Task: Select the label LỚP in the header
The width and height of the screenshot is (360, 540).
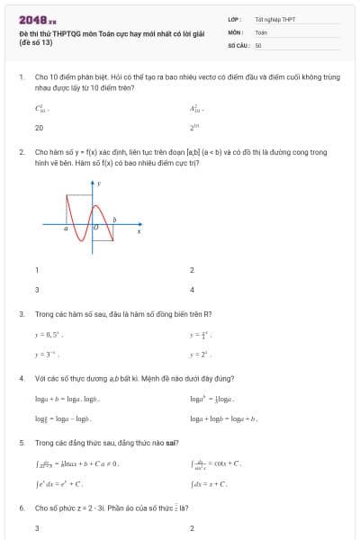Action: click(233, 19)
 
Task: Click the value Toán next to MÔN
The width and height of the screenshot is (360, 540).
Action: click(261, 31)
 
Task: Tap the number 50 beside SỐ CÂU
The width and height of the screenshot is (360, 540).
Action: click(258, 44)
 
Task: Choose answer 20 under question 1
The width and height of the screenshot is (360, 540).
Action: click(39, 128)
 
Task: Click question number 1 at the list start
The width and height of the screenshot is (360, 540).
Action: click(21, 77)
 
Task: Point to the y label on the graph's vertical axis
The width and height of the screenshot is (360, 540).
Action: click(99, 184)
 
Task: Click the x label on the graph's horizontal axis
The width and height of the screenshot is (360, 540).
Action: click(139, 231)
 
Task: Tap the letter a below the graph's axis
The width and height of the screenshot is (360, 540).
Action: click(66, 229)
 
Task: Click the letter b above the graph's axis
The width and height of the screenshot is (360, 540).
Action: click(113, 219)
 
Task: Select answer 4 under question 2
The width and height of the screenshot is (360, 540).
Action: click(192, 290)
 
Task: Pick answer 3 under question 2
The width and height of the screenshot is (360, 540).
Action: click(37, 290)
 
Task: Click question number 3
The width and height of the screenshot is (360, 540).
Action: click(21, 314)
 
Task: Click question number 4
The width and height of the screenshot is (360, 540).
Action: click(21, 378)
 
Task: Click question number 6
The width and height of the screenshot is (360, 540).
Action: click(21, 508)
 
